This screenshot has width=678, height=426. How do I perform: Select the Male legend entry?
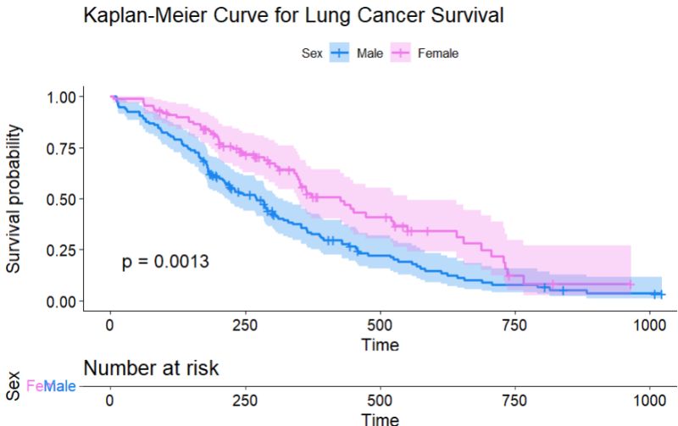click(370, 53)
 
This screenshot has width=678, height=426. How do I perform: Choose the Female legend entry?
click(438, 53)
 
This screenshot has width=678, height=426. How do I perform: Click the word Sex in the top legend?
click(311, 53)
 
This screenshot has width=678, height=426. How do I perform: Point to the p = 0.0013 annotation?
click(165, 262)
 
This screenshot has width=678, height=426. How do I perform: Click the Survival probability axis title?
click(15, 199)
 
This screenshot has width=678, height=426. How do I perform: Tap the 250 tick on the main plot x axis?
click(245, 327)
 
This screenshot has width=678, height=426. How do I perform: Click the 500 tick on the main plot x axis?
click(380, 327)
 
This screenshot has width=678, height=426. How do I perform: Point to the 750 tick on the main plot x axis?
click(514, 327)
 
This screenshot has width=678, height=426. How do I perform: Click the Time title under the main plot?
click(380, 346)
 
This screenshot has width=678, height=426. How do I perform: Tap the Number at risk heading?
click(151, 368)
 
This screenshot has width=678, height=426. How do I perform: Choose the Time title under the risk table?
click(380, 419)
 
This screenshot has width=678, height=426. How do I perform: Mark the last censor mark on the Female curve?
click(630, 285)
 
